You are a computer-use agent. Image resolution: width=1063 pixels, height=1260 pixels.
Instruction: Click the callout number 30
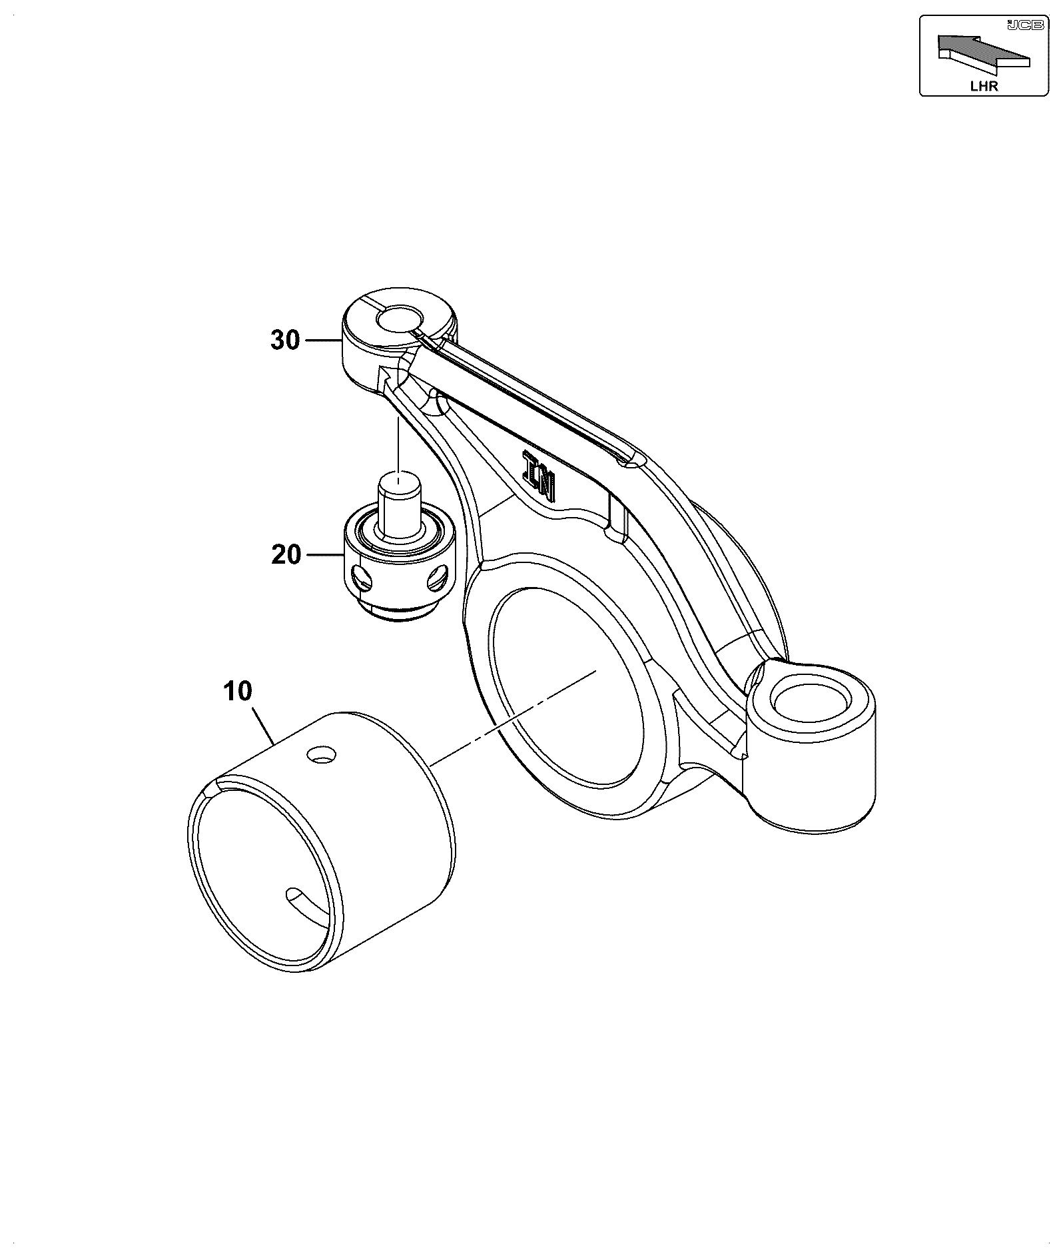pyautogui.click(x=286, y=340)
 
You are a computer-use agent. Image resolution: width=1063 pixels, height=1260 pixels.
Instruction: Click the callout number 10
pyautogui.click(x=238, y=692)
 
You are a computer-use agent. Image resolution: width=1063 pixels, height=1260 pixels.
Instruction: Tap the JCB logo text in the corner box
pyautogui.click(x=1026, y=25)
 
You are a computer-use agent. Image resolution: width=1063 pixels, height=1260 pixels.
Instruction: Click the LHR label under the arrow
pyautogui.click(x=984, y=86)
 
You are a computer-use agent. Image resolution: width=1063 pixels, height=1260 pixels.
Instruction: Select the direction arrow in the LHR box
pyautogui.click(x=984, y=53)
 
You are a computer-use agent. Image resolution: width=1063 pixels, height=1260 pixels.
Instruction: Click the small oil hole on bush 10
pyautogui.click(x=321, y=754)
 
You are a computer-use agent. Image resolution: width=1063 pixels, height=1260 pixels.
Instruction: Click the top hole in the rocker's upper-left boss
pyautogui.click(x=398, y=319)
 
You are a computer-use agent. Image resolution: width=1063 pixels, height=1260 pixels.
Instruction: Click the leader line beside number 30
pyautogui.click(x=324, y=340)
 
